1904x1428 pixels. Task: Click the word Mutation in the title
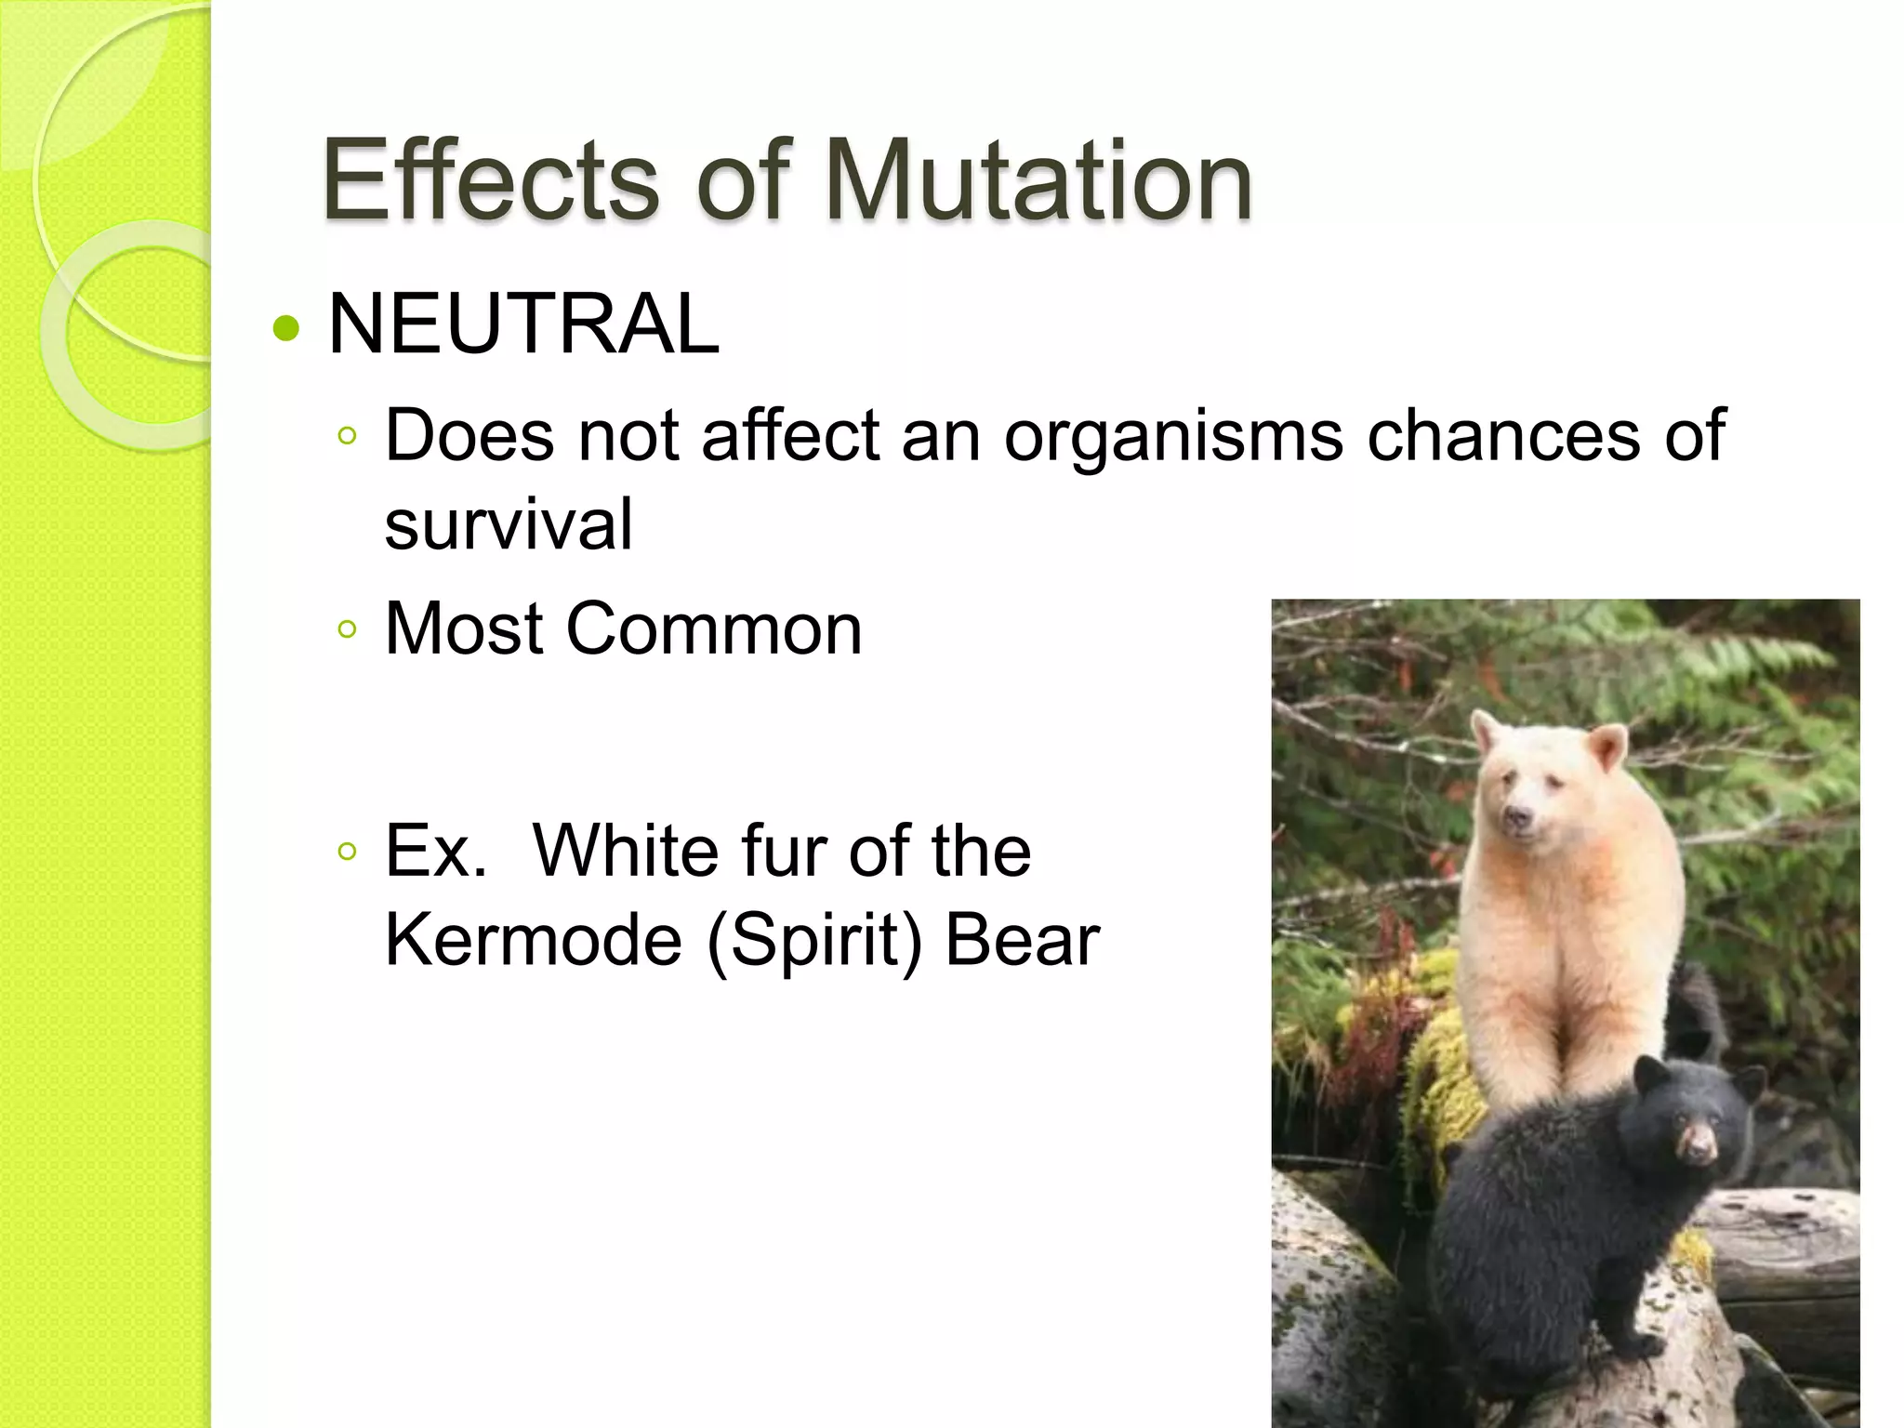[1038, 180]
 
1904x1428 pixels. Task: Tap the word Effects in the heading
[491, 180]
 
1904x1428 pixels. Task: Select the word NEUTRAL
[523, 324]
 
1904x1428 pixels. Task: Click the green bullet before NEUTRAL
[287, 327]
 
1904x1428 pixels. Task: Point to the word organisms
[1173, 437]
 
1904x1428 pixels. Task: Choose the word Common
[714, 629]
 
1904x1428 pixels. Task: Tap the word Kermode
[534, 941]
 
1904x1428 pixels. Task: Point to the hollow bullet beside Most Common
[348, 630]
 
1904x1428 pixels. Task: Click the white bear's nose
[1518, 817]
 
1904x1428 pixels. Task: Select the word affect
[790, 435]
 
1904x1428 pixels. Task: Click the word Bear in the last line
[1022, 941]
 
